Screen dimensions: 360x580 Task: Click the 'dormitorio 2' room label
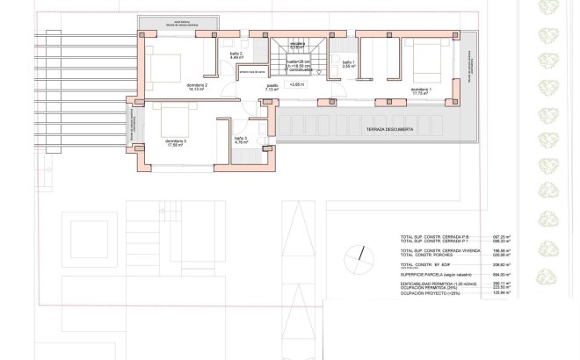click(195, 86)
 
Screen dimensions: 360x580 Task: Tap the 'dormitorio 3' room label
click(175, 141)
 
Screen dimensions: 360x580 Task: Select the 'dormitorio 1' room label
click(420, 90)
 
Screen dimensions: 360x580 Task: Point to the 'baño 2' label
click(236, 54)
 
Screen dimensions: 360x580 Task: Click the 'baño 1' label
click(348, 63)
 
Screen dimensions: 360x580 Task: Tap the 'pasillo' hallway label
click(272, 87)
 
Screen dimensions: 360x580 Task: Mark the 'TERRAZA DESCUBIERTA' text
click(374, 130)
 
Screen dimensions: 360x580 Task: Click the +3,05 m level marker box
click(297, 85)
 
